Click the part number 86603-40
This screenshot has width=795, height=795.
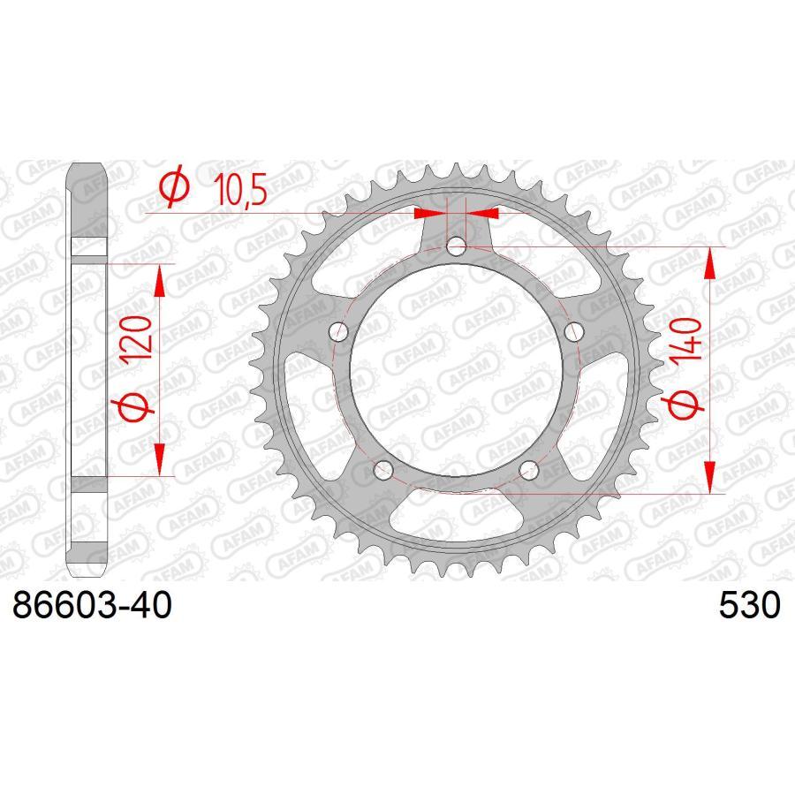click(88, 608)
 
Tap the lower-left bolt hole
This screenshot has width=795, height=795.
click(382, 471)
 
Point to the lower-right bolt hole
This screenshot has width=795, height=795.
click(530, 471)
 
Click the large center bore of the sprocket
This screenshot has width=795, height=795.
click(456, 371)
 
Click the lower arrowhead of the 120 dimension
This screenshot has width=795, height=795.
click(160, 459)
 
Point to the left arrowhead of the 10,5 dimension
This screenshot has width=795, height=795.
click(429, 213)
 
